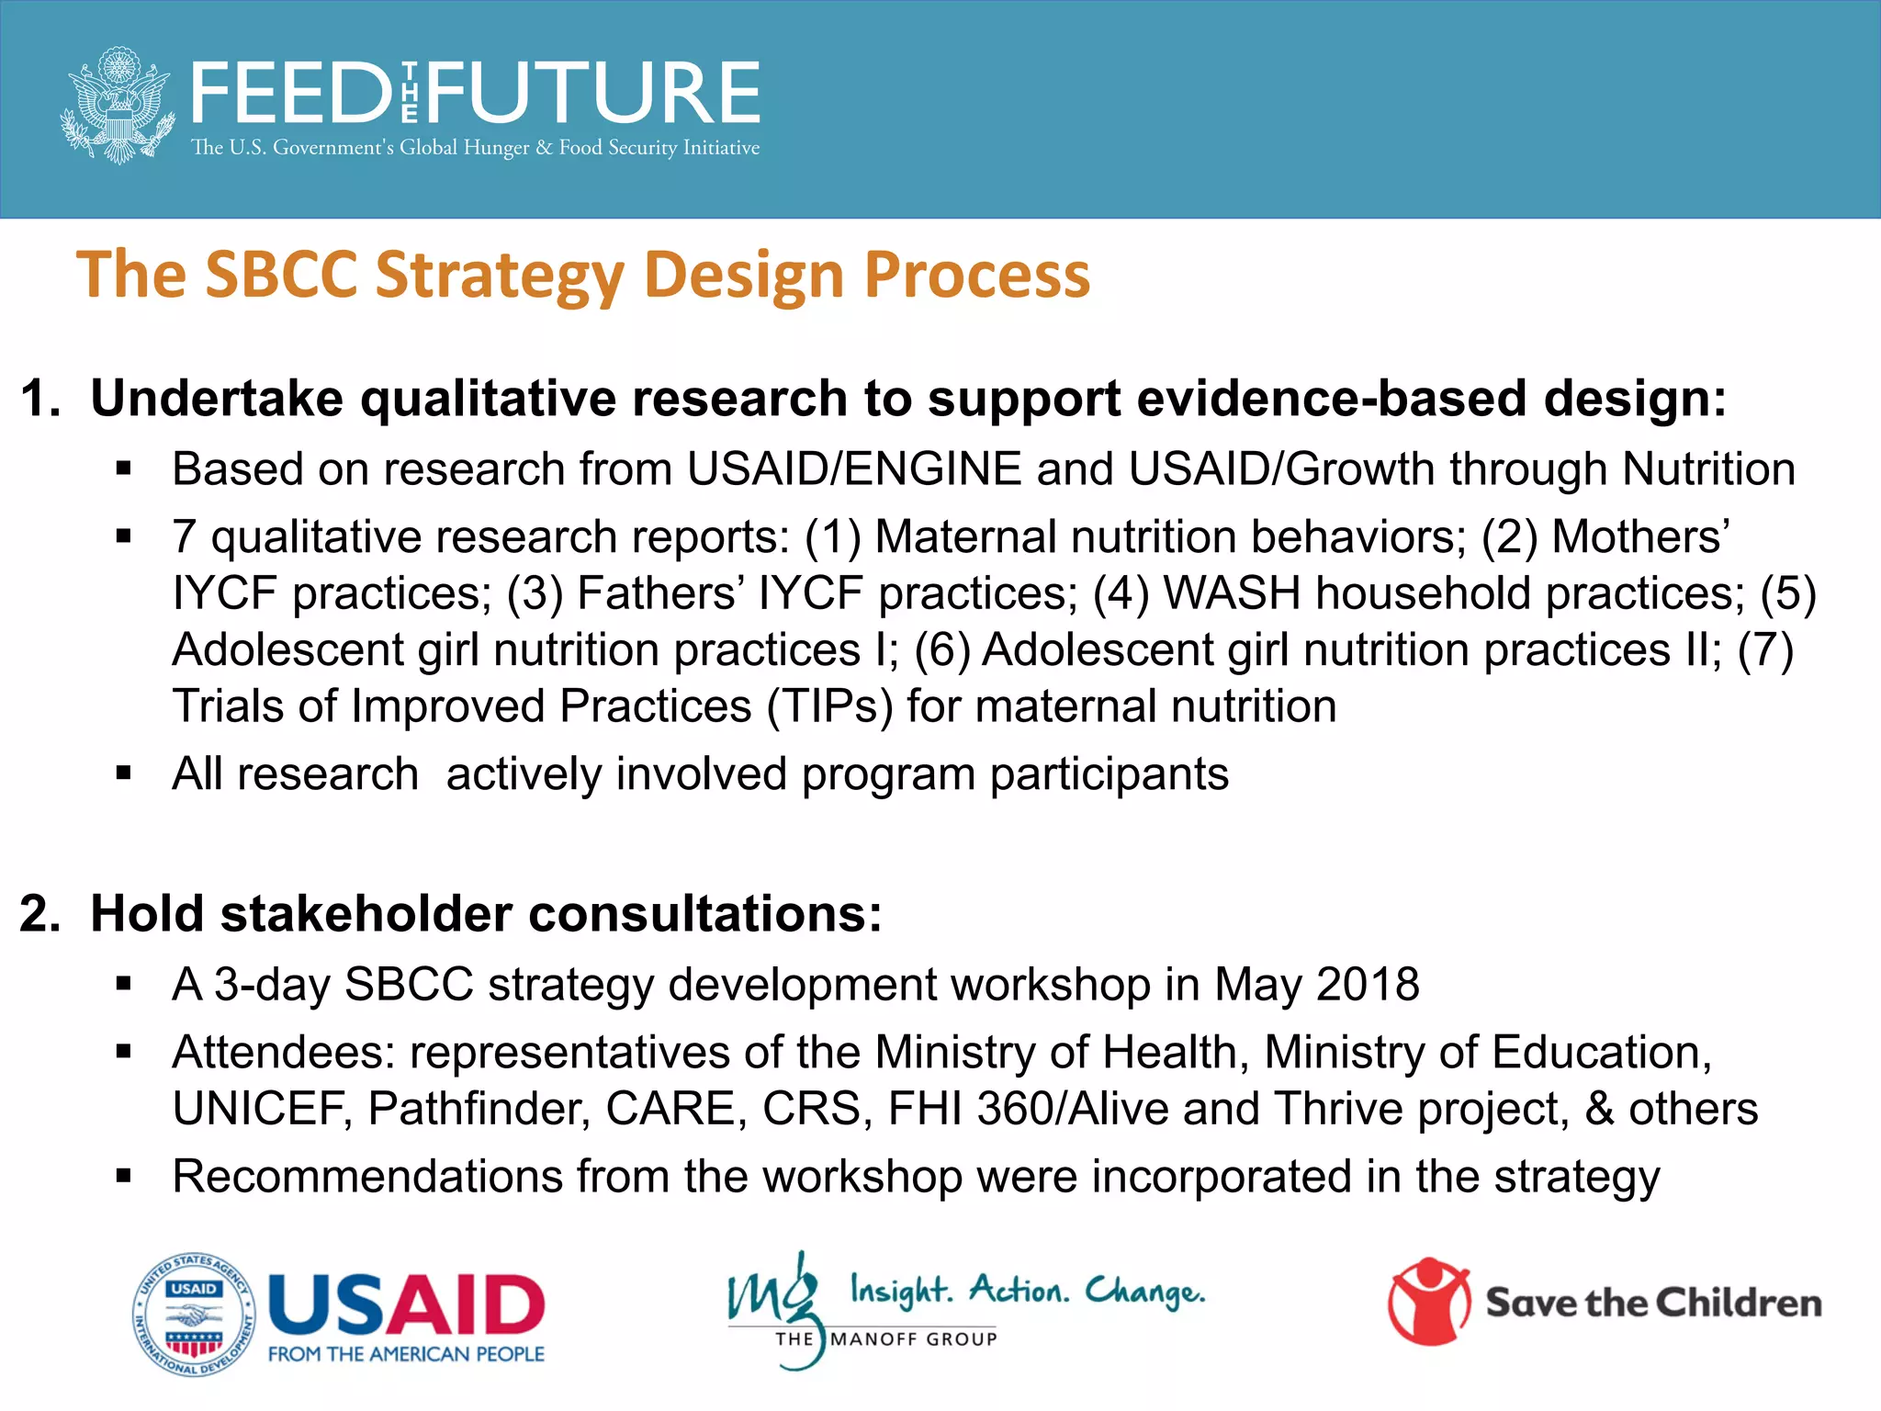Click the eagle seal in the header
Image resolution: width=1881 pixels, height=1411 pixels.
point(118,105)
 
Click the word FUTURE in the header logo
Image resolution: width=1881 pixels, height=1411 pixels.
point(593,93)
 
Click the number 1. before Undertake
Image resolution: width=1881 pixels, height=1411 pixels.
point(40,399)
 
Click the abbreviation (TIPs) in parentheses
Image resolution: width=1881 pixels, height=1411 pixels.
point(829,706)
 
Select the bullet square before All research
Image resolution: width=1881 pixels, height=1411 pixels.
point(125,773)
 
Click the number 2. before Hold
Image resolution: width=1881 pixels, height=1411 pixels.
point(40,914)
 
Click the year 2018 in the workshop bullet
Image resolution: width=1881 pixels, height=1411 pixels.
point(1368,985)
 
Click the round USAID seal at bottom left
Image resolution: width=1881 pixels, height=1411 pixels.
point(194,1315)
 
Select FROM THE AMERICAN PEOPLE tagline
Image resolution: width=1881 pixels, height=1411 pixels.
point(406,1354)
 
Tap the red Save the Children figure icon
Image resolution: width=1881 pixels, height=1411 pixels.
point(1429,1302)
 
